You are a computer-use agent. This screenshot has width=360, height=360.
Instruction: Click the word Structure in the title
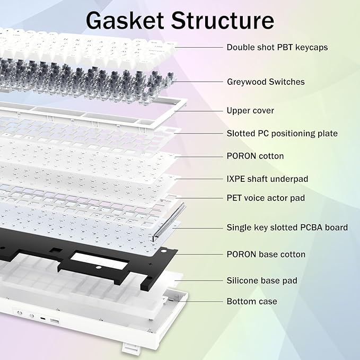(x=222, y=21)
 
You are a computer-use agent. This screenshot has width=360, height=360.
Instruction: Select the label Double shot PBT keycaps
(x=277, y=47)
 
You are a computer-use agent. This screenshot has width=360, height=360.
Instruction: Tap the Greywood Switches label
(x=265, y=82)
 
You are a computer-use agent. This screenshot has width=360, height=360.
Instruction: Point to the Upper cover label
(x=250, y=111)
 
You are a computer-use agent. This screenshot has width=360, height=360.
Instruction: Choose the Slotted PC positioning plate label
(x=282, y=133)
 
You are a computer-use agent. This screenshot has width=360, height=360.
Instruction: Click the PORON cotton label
(x=255, y=156)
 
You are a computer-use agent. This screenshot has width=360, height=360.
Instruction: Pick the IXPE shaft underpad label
(x=267, y=179)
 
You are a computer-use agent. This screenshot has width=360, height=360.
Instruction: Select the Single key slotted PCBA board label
(x=287, y=227)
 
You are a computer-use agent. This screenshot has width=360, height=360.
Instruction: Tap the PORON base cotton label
(x=266, y=254)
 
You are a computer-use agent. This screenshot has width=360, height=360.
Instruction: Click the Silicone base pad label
(x=262, y=280)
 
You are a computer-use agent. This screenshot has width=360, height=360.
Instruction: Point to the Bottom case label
(x=251, y=301)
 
